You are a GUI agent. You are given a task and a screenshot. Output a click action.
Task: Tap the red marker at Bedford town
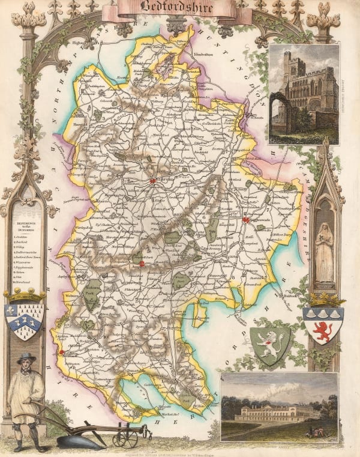153,180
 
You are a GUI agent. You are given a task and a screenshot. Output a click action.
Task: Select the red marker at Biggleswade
245,221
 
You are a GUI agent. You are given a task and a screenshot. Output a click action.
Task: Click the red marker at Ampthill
142,262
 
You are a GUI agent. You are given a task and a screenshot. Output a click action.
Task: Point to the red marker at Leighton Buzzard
61,352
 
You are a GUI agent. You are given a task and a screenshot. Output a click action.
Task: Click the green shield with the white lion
269,344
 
